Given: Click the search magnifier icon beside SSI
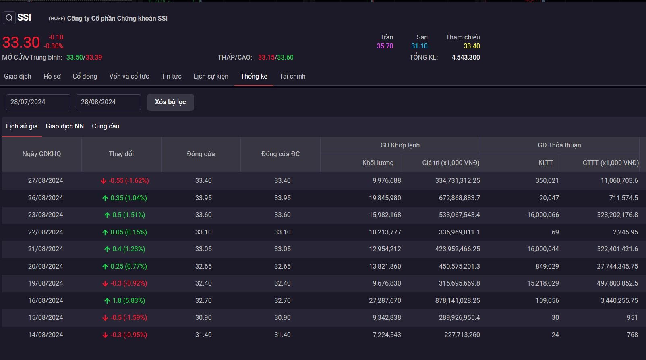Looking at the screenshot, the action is pos(9,18).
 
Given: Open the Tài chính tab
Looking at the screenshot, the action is pos(292,77).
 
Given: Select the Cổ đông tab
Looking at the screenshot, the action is pos(85,77).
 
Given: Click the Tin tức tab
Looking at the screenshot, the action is pos(171,77).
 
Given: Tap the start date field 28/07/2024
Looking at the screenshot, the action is pos(38,102).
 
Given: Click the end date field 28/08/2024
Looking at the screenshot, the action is pos(108,102).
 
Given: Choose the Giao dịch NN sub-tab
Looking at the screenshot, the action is pos(64,126).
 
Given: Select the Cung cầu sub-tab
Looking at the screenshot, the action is pos(106,126).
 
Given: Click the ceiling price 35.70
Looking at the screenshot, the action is pos(385,46).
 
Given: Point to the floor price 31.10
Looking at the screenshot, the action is pos(419,46).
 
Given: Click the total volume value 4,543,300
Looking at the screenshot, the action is pos(466,58).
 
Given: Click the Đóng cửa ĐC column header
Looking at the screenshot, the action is pos(281,154).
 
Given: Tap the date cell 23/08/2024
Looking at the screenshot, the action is pos(45,215).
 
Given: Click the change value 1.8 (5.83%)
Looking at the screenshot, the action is pos(128,300).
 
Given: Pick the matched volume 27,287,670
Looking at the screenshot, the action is pos(385,300).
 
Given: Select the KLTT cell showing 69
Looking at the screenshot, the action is pos(555,232).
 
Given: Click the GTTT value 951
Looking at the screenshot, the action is pos(632,318).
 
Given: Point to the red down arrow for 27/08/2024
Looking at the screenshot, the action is pos(104,181).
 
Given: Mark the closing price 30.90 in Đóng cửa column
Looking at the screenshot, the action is pos(203,318).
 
